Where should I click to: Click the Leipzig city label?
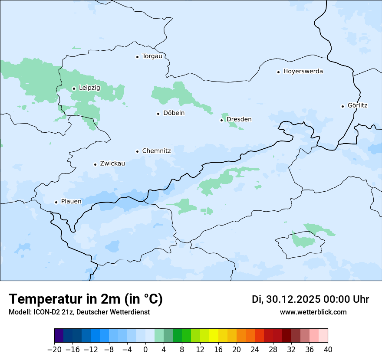pyautogui.click(x=89, y=88)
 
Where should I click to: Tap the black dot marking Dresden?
pyautogui.click(x=222, y=120)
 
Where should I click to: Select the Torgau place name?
pyautogui.click(x=152, y=56)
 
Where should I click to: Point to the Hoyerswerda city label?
pyautogui.click(x=303, y=72)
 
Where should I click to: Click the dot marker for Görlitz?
pyautogui.click(x=343, y=106)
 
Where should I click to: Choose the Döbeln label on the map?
pyautogui.click(x=174, y=113)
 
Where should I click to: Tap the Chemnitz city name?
pyautogui.click(x=156, y=151)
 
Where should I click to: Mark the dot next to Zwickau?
pyautogui.click(x=95, y=164)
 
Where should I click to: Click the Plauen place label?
pyautogui.click(x=71, y=202)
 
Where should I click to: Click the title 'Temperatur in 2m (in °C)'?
pyautogui.click(x=86, y=299)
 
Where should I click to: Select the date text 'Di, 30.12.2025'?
pyautogui.click(x=286, y=300)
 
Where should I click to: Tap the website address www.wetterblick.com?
pyautogui.click(x=313, y=312)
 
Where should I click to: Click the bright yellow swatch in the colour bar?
pyautogui.click(x=214, y=336)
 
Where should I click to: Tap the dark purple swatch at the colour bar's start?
pyautogui.click(x=59, y=336)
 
